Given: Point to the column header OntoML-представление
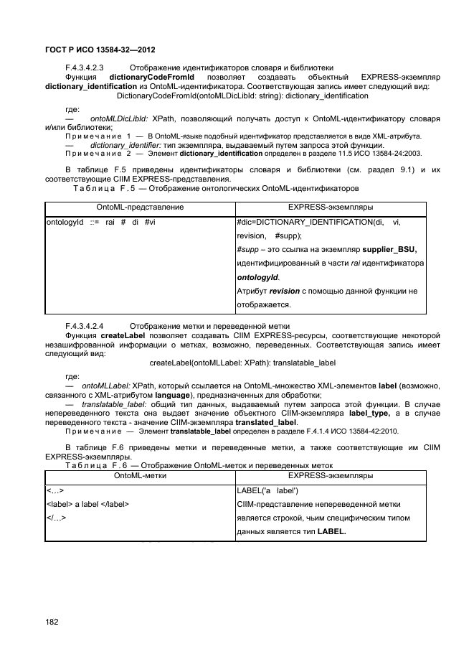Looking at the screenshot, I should pos(140,207).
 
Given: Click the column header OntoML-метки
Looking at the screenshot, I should pos(140,475).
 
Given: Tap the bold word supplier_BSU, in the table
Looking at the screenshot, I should pos(391,249).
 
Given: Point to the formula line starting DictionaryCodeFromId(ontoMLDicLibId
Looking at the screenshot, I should pos(242,95).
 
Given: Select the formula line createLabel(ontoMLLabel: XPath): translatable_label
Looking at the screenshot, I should pos(242,363).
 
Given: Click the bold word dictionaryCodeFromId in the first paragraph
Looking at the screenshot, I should pos(152,77).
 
